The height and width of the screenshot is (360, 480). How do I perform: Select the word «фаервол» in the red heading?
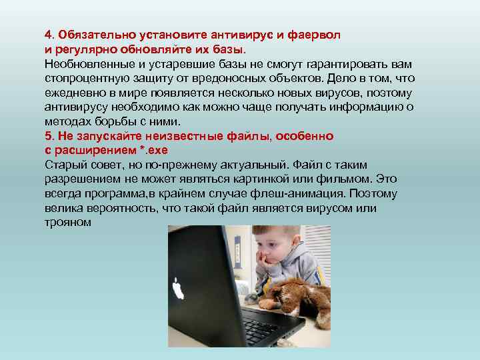pos(316,35)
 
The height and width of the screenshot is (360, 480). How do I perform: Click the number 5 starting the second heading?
pos(48,137)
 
